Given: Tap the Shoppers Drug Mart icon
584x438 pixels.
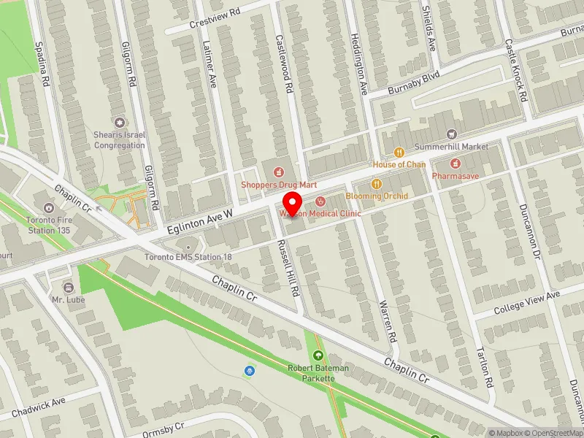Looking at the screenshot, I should click(x=277, y=172).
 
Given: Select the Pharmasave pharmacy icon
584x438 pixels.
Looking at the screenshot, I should click(x=456, y=164).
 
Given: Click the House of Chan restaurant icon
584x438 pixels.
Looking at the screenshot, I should click(x=399, y=153).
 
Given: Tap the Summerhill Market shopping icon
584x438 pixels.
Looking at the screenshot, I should click(x=452, y=134).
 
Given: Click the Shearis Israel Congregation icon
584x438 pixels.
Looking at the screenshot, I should click(x=120, y=123).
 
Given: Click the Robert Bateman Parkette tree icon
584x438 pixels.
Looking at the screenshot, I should click(x=318, y=356).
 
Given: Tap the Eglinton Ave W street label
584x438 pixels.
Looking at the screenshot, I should click(x=199, y=219).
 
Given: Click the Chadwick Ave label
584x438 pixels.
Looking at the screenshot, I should click(x=39, y=406).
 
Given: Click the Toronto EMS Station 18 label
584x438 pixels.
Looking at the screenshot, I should click(x=188, y=257).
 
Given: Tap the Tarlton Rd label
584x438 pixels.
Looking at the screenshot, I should click(x=484, y=366).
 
